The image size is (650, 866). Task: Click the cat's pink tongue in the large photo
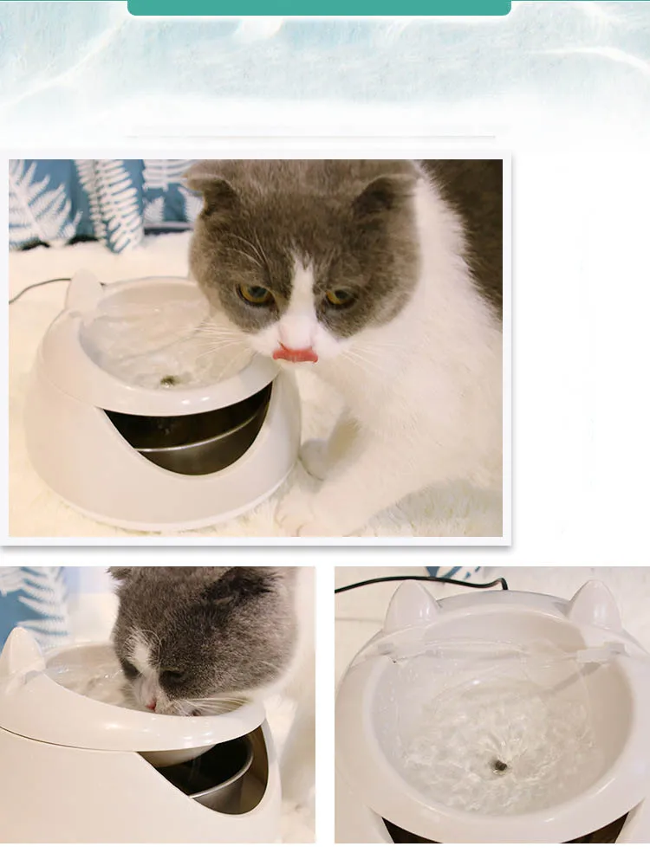296,353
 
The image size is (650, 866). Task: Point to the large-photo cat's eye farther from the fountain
339,297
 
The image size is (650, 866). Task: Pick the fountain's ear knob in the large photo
83,290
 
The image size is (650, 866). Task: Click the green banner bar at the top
319,7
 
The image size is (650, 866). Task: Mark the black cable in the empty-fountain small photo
407,582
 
